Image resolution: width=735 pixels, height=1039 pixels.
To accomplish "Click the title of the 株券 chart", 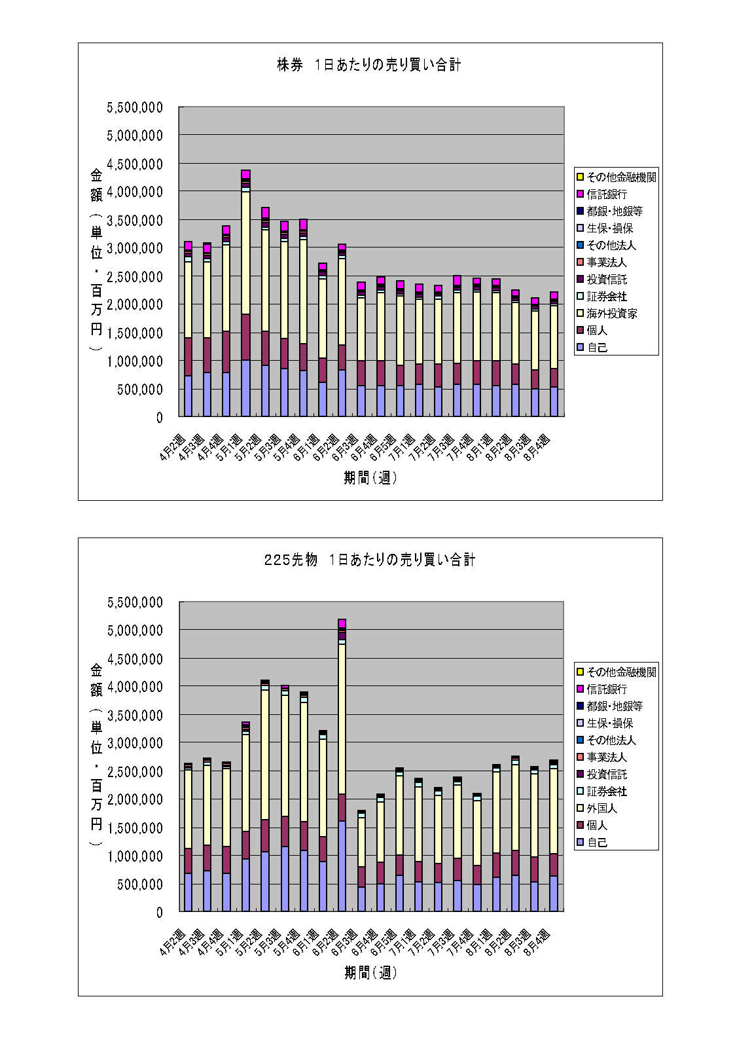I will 368,65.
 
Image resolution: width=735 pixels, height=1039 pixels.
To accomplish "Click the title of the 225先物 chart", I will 369,560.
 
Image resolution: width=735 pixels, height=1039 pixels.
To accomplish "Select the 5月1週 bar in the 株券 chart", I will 245,295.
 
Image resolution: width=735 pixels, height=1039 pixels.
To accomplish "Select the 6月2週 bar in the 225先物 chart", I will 342,766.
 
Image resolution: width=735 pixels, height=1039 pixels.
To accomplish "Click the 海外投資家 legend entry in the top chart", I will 611,314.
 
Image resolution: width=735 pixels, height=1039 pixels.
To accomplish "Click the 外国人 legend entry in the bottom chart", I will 601,809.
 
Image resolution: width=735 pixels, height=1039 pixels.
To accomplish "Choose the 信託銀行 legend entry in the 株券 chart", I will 607,194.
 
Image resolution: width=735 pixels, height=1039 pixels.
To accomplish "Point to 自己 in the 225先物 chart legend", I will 597,843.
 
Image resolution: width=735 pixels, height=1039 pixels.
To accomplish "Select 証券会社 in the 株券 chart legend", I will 607,297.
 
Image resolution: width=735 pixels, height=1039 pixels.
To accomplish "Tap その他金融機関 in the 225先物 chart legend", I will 621,672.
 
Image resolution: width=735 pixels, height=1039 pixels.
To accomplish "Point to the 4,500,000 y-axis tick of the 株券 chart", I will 134,164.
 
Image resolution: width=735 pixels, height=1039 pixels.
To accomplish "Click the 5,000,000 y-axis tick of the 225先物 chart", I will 134,630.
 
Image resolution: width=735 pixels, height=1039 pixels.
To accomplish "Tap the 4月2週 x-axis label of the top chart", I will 173,447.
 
